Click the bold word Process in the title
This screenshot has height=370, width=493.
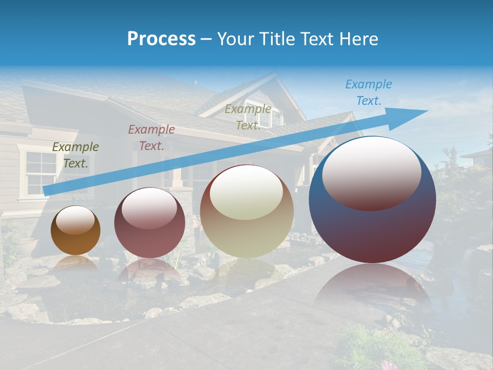[x=161, y=39]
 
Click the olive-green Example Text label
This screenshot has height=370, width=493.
[x=75, y=155]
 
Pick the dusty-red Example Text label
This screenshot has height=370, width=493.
[x=151, y=137]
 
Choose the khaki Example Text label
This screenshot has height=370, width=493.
[x=248, y=117]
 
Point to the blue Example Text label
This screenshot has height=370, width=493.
[x=368, y=92]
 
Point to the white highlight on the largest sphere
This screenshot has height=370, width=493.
[x=371, y=172]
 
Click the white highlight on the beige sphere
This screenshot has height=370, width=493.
[x=246, y=191]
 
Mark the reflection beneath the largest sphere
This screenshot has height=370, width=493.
[x=372, y=288]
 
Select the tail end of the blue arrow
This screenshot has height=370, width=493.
[x=49, y=190]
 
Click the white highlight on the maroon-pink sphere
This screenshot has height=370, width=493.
[x=149, y=208]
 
